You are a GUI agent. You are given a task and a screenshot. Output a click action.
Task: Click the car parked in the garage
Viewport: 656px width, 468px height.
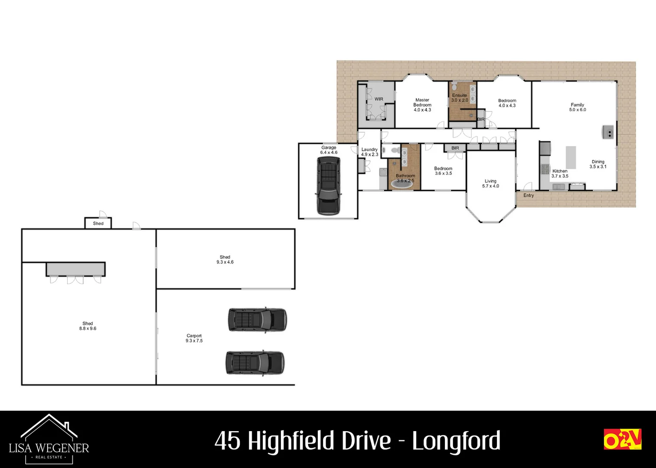click(x=329, y=185)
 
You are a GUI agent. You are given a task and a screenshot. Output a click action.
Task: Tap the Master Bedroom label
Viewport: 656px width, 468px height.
click(x=422, y=105)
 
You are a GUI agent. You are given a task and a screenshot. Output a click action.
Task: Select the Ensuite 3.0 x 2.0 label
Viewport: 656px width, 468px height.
click(x=460, y=98)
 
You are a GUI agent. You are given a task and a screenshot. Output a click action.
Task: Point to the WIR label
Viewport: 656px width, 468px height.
click(x=379, y=99)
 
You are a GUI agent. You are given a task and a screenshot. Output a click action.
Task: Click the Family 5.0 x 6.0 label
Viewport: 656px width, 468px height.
click(x=578, y=107)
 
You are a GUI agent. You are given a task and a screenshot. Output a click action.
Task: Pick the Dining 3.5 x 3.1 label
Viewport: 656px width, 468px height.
click(x=598, y=164)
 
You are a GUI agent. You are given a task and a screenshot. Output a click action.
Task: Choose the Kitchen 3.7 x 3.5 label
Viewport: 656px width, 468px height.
click(x=560, y=173)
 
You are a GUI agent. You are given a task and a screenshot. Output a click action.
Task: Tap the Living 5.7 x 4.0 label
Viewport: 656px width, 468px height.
click(x=490, y=184)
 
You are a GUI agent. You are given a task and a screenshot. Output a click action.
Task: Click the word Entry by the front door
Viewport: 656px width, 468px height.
click(x=529, y=195)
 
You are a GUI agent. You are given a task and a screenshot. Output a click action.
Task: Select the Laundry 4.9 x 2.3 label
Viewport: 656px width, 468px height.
click(x=369, y=152)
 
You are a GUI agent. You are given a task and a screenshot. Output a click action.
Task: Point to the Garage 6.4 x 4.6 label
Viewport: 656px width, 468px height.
click(x=329, y=150)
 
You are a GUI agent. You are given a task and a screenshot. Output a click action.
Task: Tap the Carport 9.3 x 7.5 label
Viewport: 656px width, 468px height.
click(x=194, y=338)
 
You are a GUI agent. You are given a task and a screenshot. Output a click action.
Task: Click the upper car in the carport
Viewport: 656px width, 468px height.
click(x=257, y=320)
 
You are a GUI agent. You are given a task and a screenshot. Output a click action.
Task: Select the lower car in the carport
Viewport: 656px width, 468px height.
click(x=255, y=363)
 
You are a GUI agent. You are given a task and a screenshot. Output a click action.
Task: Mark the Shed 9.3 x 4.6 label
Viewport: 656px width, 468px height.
click(x=225, y=260)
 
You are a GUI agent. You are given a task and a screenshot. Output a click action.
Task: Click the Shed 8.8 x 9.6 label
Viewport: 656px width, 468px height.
click(x=88, y=326)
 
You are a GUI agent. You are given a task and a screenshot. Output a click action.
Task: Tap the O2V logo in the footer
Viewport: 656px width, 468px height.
click(x=622, y=439)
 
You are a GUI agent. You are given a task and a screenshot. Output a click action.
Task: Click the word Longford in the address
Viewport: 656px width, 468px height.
click(x=456, y=441)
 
